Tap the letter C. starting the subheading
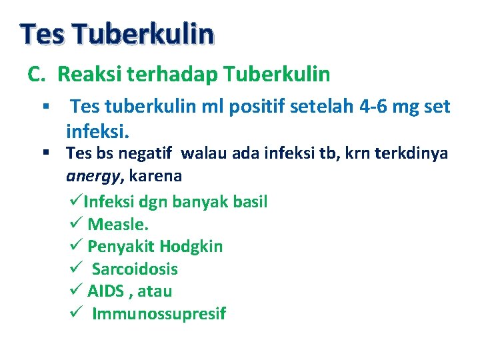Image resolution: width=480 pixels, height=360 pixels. point(37,75)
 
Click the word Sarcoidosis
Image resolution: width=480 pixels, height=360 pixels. point(135,269)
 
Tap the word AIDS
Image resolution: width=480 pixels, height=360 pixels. point(104,291)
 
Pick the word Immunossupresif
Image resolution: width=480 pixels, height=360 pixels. point(159,314)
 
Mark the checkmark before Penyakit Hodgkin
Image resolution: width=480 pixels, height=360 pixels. point(75,247)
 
